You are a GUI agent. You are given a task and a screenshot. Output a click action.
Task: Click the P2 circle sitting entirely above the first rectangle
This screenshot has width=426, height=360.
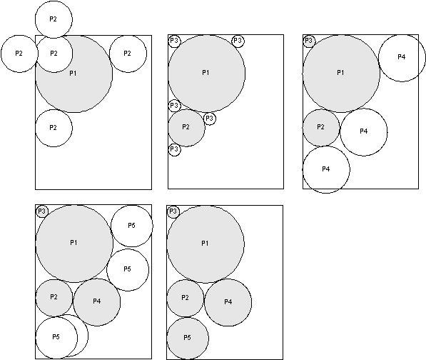point(54,19)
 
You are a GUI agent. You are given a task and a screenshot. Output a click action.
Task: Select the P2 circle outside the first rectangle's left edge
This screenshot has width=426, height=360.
point(19,54)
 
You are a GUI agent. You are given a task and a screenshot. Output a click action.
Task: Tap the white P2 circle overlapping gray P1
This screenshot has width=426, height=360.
point(54,54)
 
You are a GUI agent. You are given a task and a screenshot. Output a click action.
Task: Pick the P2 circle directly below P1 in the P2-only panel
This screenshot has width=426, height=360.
point(54,128)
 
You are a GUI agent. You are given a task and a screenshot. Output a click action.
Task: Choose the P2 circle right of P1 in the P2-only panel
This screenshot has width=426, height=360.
point(128,54)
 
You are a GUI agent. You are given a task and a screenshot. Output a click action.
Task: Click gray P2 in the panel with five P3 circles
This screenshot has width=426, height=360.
point(186,128)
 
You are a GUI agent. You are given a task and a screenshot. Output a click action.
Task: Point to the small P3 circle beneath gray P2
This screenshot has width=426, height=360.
point(174,150)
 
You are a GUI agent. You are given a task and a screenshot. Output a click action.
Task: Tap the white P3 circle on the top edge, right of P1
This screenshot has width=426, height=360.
point(238,41)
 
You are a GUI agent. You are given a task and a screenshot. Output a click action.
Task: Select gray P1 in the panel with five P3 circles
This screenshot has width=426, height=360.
point(206,74)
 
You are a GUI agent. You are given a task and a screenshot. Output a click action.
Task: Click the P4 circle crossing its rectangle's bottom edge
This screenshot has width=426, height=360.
point(326,170)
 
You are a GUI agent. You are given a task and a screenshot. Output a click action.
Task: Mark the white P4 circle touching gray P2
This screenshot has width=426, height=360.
point(363,132)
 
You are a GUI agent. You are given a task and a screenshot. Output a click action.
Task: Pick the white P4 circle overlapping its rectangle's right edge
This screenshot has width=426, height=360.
point(402,58)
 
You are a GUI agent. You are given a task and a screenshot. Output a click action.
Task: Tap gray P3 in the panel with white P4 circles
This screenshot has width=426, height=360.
point(309,41)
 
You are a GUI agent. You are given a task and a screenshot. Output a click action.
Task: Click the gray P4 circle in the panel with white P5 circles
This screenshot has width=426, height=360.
point(97,302)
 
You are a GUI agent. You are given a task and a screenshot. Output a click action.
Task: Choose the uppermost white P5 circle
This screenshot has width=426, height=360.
point(132,226)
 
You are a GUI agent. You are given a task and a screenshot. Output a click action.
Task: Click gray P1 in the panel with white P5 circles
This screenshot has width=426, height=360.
point(74,244)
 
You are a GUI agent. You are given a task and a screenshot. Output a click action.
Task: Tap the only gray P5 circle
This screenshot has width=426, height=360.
point(188,339)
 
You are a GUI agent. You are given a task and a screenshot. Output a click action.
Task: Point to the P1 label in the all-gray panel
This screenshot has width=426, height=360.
point(205,244)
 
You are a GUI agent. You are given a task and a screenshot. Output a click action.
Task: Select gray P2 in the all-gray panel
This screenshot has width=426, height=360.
point(186,299)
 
